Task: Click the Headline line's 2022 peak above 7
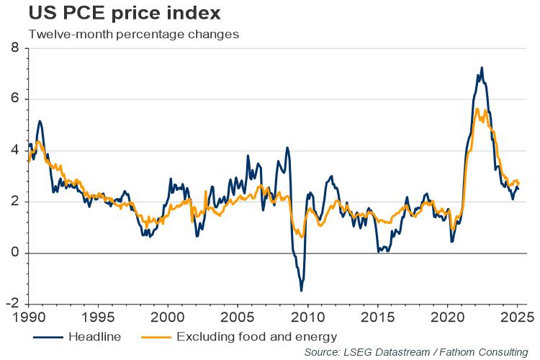click(481, 68)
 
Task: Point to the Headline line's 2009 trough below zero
click(301, 290)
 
